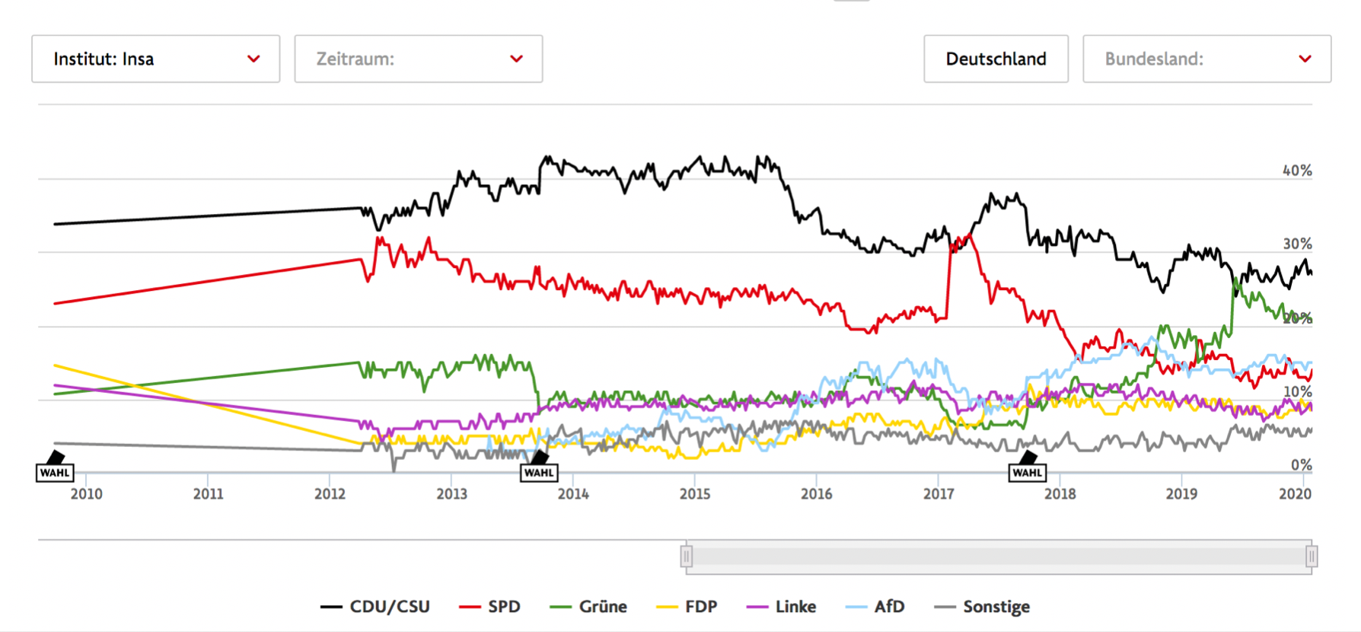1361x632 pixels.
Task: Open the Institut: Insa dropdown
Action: pos(155,59)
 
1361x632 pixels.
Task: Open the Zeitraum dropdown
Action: pos(418,59)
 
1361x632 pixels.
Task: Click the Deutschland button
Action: pos(996,59)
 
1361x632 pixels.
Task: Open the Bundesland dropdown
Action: pos(1206,59)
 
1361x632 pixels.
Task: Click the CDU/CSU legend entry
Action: pos(375,607)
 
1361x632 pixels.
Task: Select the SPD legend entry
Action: pos(490,607)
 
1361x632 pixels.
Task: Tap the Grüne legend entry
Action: pos(588,607)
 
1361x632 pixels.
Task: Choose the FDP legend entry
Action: pos(687,607)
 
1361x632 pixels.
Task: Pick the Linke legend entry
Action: pos(782,607)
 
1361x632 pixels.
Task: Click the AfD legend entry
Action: pos(875,607)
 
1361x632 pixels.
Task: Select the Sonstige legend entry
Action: pos(983,607)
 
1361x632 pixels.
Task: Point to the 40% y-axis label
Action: pos(1297,171)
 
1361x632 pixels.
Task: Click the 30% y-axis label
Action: pos(1297,244)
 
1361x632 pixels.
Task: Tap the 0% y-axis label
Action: pos(1301,464)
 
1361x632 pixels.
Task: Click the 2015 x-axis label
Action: pos(695,494)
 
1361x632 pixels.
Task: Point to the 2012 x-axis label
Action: pos(330,494)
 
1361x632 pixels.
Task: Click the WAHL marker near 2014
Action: pos(539,472)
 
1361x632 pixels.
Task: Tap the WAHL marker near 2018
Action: pos(1027,472)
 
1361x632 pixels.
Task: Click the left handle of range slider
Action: pos(687,557)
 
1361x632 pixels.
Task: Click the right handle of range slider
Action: pos(1312,557)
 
